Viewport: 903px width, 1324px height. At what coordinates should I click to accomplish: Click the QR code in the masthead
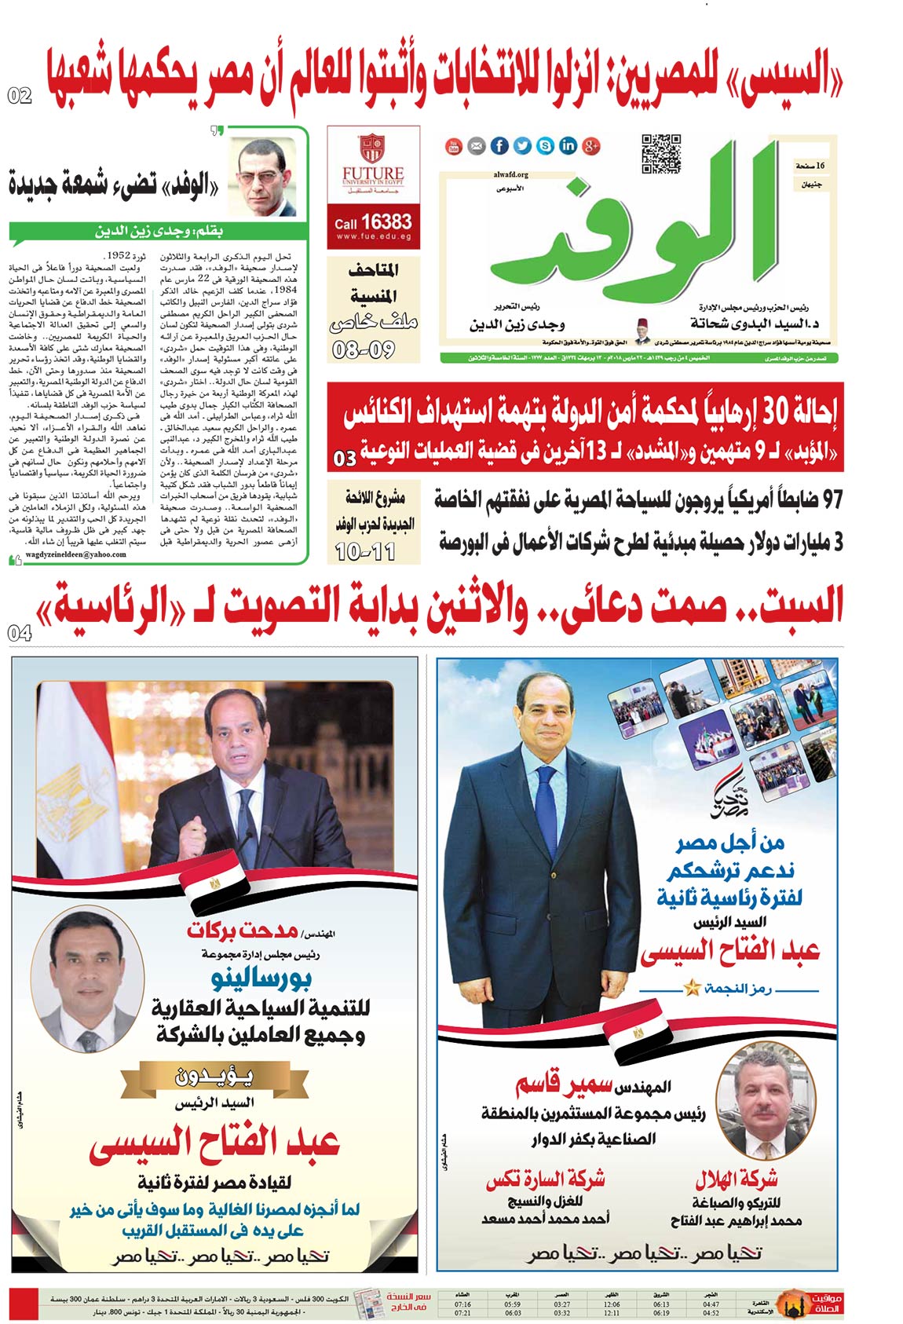point(660,152)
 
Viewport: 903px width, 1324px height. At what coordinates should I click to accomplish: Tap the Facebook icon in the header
point(499,145)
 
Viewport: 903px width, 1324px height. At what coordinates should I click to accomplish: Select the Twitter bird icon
point(522,145)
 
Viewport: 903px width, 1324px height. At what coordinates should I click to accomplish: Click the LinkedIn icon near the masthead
point(568,145)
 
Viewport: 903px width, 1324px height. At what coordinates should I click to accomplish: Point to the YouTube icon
point(453,145)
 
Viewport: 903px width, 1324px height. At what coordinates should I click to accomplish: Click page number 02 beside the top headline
point(20,96)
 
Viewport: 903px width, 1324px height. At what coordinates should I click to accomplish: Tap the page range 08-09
point(363,349)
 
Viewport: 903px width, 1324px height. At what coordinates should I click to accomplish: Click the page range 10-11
point(365,552)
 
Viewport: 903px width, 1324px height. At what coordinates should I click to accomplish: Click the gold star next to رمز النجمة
point(692,988)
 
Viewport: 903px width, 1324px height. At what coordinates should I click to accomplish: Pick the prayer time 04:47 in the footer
point(711,1304)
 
